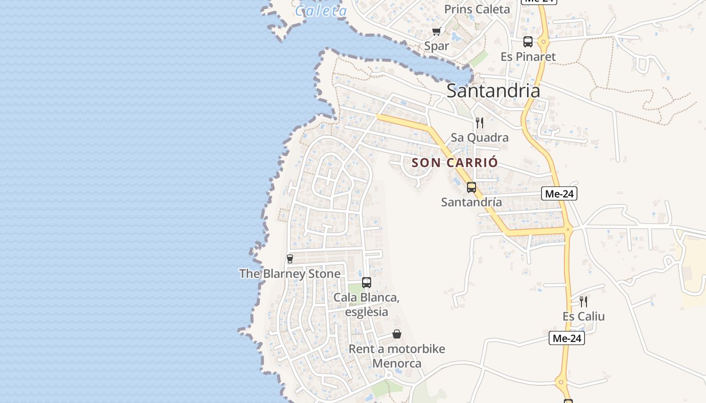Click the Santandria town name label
(x=493, y=91)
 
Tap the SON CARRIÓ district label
(x=455, y=163)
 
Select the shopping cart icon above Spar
(x=437, y=32)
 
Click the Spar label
(x=437, y=46)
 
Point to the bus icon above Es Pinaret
(x=528, y=42)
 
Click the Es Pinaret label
(x=528, y=56)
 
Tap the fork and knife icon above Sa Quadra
(x=480, y=122)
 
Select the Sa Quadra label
(x=480, y=138)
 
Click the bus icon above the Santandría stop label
(x=472, y=187)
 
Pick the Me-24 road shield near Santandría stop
(x=559, y=193)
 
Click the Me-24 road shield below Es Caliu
(x=567, y=338)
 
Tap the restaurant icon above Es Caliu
(x=583, y=302)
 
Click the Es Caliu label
(x=583, y=316)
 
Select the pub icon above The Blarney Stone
(x=289, y=259)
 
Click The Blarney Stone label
(x=289, y=274)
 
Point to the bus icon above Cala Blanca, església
(x=367, y=283)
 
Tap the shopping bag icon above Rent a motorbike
(x=397, y=334)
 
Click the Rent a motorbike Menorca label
(x=397, y=356)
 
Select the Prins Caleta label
(x=477, y=9)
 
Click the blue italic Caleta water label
(x=321, y=11)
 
